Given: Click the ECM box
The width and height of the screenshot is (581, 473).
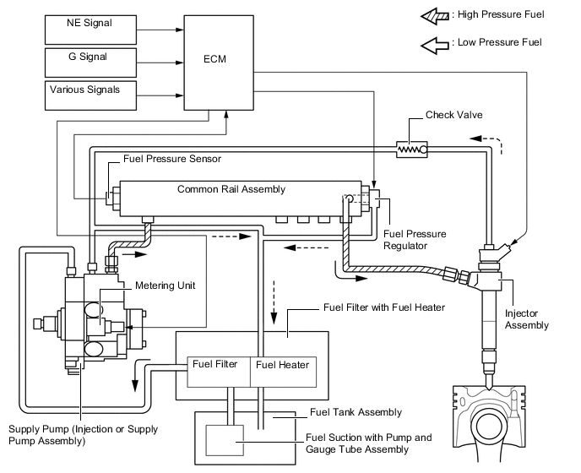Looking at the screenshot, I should tap(218, 62).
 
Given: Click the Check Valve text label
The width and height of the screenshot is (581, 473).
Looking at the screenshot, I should tap(453, 115).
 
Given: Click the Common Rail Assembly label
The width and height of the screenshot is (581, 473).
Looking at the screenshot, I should tap(231, 189).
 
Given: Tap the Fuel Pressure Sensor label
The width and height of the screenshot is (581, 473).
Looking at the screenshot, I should tap(172, 158).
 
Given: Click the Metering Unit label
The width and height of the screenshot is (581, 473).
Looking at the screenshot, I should tap(165, 285).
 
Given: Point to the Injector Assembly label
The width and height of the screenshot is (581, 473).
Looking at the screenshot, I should tap(527, 318).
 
